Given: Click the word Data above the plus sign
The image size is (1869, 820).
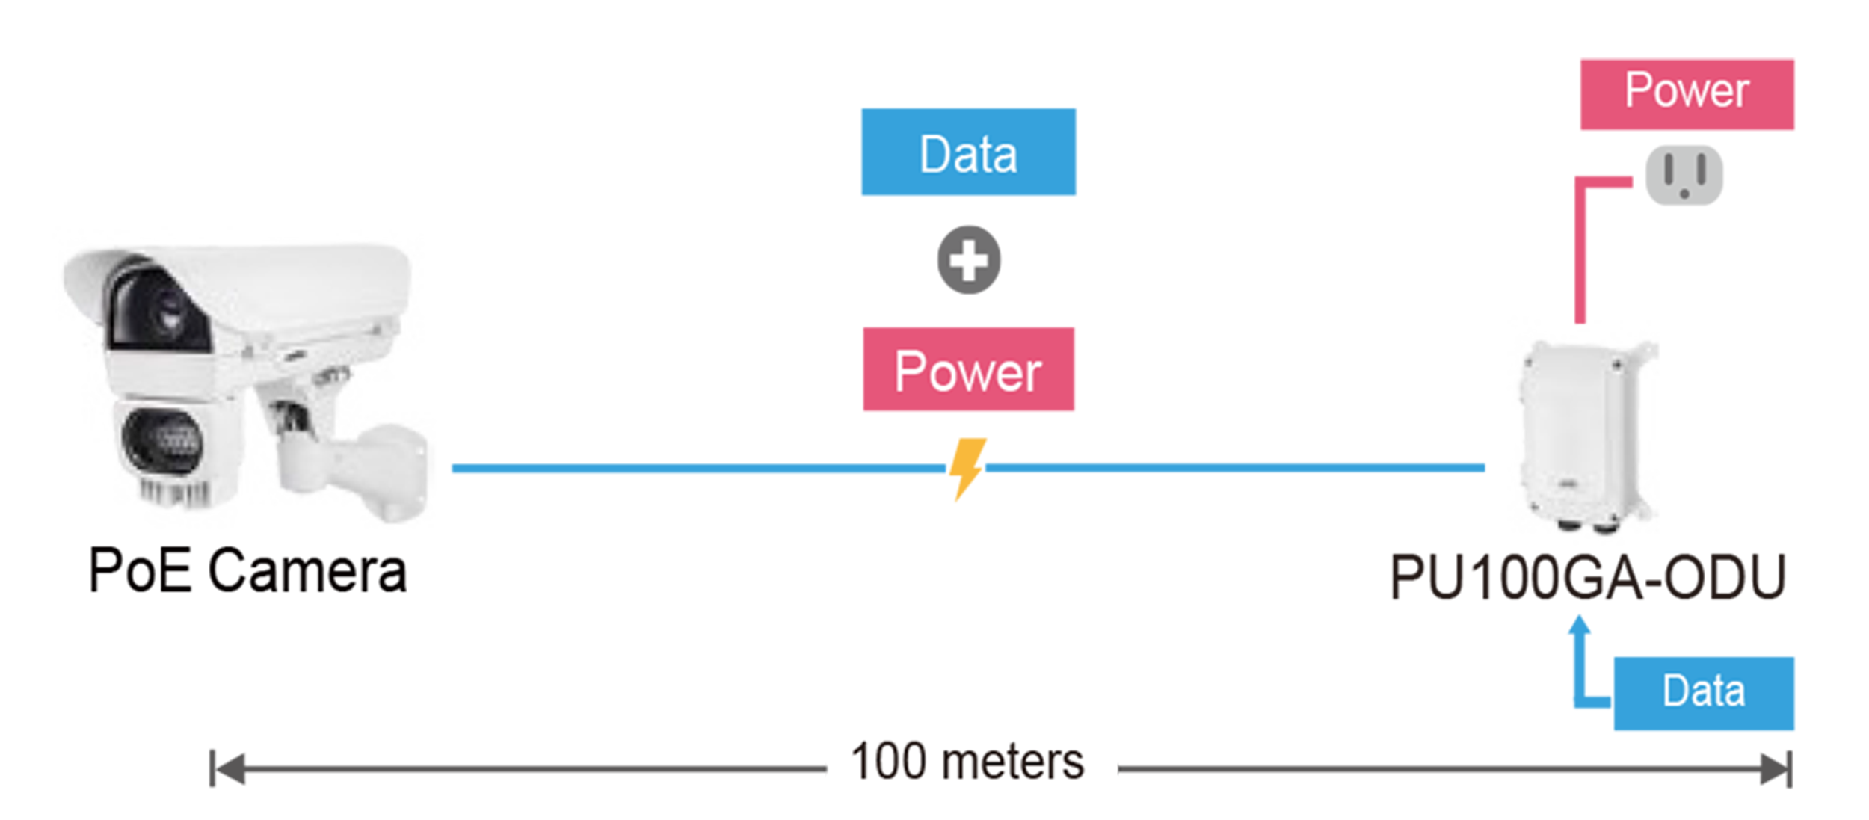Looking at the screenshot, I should [968, 155].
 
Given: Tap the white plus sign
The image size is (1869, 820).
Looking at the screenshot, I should [969, 261].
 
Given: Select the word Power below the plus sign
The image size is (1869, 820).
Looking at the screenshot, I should [968, 372].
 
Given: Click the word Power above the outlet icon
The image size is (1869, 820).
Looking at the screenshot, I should [1687, 90].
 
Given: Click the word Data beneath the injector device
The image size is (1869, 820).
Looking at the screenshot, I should [1704, 691].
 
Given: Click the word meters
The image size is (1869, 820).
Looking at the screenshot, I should [1013, 763].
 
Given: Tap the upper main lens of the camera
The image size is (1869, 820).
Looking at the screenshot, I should [161, 310].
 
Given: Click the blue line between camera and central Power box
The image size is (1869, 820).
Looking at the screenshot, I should [688, 469].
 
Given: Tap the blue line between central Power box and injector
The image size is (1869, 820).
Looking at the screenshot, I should [1237, 468].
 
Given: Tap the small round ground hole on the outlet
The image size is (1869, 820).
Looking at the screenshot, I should [1684, 194].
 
